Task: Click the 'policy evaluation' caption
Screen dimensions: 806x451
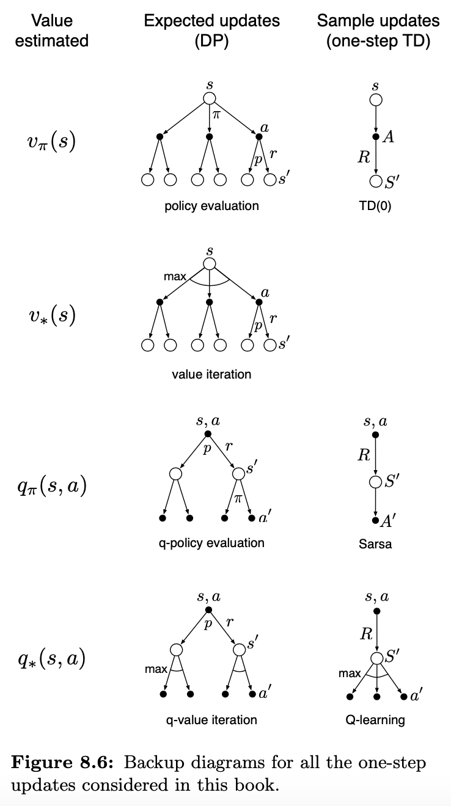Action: [x=211, y=206]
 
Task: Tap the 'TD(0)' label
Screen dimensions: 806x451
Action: [x=375, y=206]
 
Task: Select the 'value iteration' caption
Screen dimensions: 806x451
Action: [x=211, y=374]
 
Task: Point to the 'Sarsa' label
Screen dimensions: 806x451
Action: [x=375, y=543]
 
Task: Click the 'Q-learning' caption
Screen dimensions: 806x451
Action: [x=375, y=720]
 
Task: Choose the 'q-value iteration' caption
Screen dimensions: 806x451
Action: [x=211, y=720]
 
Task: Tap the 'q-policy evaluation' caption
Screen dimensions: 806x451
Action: [x=211, y=543]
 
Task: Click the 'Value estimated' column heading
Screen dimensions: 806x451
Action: [x=52, y=31]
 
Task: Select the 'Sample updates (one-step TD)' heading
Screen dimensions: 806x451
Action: [x=378, y=31]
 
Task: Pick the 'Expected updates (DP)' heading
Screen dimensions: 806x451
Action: [x=211, y=31]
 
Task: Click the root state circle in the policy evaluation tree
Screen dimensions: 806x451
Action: [x=210, y=98]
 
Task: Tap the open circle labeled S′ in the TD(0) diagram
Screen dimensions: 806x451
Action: [x=376, y=181]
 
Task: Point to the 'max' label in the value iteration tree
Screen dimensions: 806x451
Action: [x=175, y=277]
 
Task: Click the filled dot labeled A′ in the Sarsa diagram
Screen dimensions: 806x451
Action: [x=376, y=520]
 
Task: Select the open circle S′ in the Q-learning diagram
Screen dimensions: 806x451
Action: [x=376, y=658]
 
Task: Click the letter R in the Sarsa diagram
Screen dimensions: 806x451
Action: [x=364, y=455]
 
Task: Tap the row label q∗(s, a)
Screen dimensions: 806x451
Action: [x=52, y=659]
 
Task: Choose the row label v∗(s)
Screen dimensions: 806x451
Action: [x=52, y=316]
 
